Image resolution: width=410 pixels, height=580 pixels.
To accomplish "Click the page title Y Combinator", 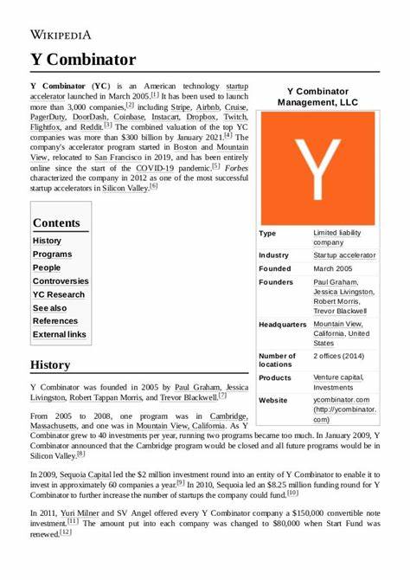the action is pos(83,59).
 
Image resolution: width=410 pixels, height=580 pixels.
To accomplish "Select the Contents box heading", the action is pos(56,222).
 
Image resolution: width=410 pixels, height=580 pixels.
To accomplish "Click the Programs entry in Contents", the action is pos(52,255).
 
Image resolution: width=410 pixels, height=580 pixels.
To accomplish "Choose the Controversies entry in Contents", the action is pos(61,281).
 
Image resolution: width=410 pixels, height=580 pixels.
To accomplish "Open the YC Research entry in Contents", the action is pos(59,294).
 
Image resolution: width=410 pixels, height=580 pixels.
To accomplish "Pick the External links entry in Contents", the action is pos(60,334).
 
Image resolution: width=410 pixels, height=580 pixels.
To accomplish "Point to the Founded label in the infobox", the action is pos(276,268).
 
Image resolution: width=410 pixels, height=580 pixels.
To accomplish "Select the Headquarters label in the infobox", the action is pos(283,325).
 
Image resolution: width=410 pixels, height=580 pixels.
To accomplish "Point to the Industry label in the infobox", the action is pos(274,255).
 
